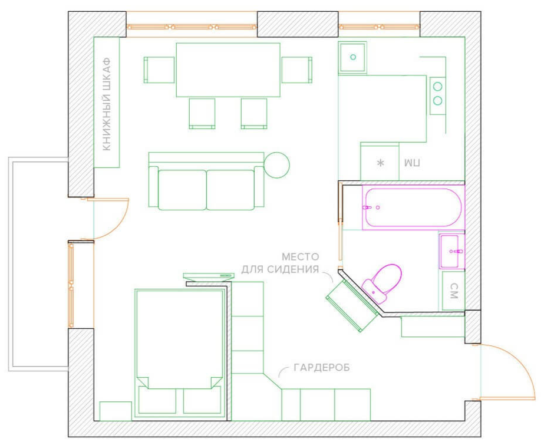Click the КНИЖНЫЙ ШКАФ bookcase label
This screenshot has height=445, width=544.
tap(107, 104)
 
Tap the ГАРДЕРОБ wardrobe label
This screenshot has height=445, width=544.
tap(322, 367)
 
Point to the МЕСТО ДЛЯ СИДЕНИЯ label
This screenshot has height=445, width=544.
tap(280, 263)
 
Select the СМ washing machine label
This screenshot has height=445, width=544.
tap(454, 291)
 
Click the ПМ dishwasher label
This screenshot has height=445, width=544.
tap(412, 163)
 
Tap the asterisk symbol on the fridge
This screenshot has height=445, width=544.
tap(381, 163)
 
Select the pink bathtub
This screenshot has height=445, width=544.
tap(413, 207)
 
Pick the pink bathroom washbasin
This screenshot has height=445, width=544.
tap(451, 251)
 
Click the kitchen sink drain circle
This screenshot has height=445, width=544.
tap(353, 57)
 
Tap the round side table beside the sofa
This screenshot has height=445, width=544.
tap(276, 165)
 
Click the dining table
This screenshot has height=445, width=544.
tap(228, 70)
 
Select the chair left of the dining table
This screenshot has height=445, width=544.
tap(159, 70)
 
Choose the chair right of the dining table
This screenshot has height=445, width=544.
tap(297, 70)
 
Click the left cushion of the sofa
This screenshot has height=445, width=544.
tap(182, 190)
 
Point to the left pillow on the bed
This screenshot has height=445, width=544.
tap(157, 400)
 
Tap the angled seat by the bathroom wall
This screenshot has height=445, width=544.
tap(351, 305)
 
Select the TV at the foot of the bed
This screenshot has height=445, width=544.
tap(209, 276)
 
